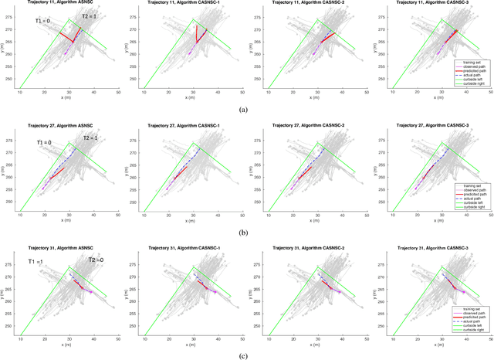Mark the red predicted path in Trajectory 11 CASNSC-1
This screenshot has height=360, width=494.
click(x=196, y=35)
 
